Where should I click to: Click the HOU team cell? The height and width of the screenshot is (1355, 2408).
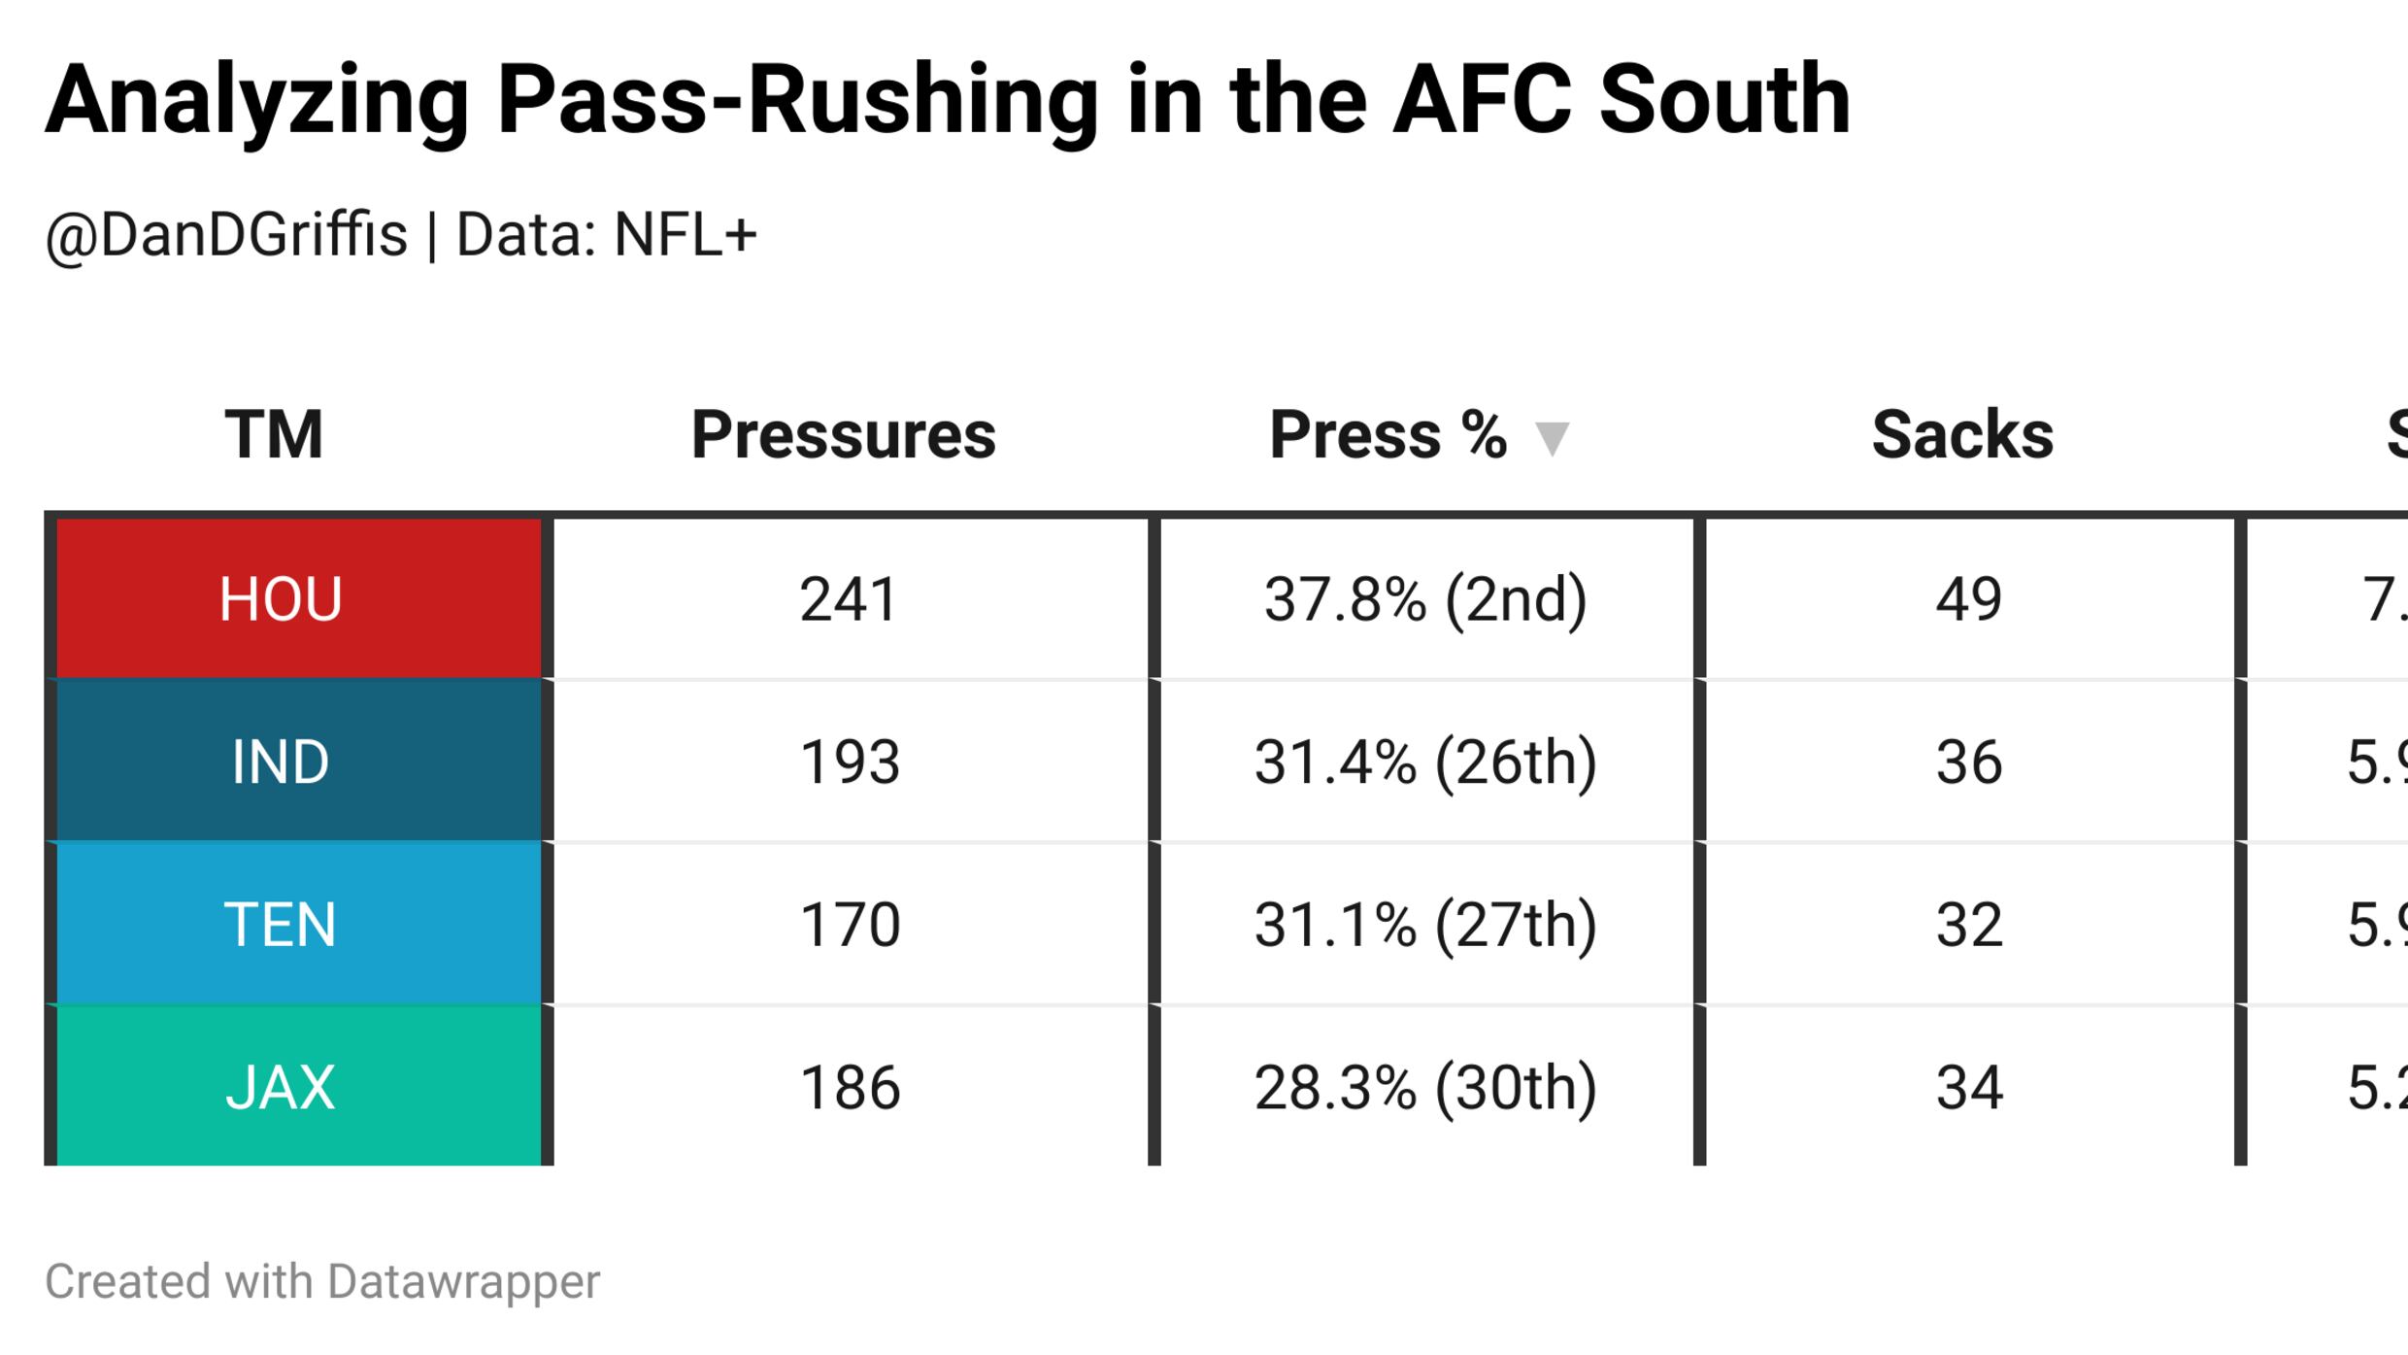pyautogui.click(x=281, y=598)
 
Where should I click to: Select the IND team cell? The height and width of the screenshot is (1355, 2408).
pyautogui.click(x=281, y=762)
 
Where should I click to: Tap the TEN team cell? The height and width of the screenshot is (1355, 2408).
pyautogui.click(x=281, y=924)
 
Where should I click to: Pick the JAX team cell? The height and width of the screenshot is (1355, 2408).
pyautogui.click(x=281, y=1087)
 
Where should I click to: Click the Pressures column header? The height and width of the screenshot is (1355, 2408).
pyautogui.click(x=843, y=434)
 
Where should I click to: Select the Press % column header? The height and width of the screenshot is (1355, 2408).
pyautogui.click(x=1388, y=434)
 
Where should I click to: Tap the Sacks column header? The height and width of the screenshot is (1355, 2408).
pyautogui.click(x=1962, y=434)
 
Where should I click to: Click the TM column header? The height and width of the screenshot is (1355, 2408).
pyautogui.click(x=274, y=434)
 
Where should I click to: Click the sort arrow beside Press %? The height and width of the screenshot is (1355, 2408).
pyautogui.click(x=1552, y=438)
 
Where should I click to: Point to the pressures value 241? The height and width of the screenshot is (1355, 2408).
pyautogui.click(x=848, y=598)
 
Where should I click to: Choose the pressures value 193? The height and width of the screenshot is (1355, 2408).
pyautogui.click(x=850, y=762)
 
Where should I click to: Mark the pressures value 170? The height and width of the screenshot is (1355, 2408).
pyautogui.click(x=850, y=924)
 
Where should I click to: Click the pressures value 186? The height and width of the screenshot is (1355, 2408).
pyautogui.click(x=850, y=1087)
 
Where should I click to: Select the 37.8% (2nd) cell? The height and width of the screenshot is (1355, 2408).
pyautogui.click(x=1425, y=598)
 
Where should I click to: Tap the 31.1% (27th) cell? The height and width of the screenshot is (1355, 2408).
pyautogui.click(x=1425, y=924)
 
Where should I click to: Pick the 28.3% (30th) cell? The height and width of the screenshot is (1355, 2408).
pyautogui.click(x=1425, y=1087)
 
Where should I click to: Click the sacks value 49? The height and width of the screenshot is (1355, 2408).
pyautogui.click(x=1968, y=598)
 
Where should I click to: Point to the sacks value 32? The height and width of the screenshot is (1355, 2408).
pyautogui.click(x=1968, y=924)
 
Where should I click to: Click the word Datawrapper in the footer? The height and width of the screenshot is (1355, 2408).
pyautogui.click(x=463, y=1282)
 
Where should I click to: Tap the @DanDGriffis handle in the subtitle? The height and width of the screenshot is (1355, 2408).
pyautogui.click(x=226, y=235)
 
